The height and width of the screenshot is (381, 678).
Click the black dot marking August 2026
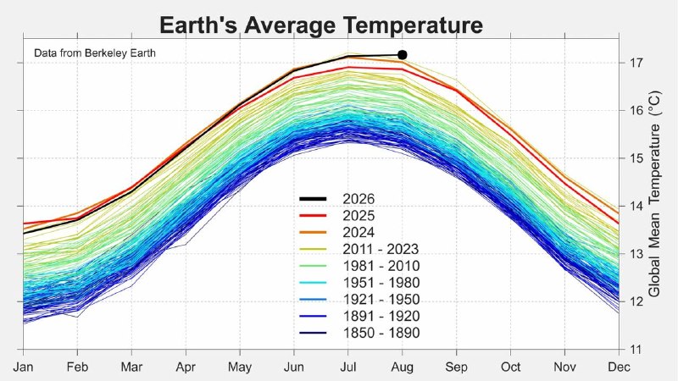tap(402, 55)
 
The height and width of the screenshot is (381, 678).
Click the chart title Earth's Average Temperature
tap(321, 25)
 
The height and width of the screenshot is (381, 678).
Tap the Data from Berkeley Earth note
tap(95, 53)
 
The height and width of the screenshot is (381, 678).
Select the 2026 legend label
tap(358, 199)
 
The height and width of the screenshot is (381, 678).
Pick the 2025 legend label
tap(358, 216)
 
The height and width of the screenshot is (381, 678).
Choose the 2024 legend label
tap(358, 232)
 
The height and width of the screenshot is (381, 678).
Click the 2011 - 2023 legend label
tap(381, 249)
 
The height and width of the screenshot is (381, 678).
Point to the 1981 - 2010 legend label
tap(381, 266)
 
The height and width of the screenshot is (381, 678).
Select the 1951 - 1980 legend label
tap(381, 283)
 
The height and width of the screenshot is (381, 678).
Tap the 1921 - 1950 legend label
tap(381, 300)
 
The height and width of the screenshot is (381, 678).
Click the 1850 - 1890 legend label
tap(381, 333)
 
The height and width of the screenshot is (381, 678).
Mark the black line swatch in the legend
tap(313, 199)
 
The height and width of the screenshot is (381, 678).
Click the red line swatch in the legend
tap(313, 216)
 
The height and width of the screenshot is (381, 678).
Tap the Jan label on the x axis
tap(23, 367)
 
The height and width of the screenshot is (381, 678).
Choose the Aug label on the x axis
tap(402, 367)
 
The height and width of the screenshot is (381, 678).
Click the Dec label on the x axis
tap(619, 367)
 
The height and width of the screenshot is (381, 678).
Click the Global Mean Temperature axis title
tap(654, 194)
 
